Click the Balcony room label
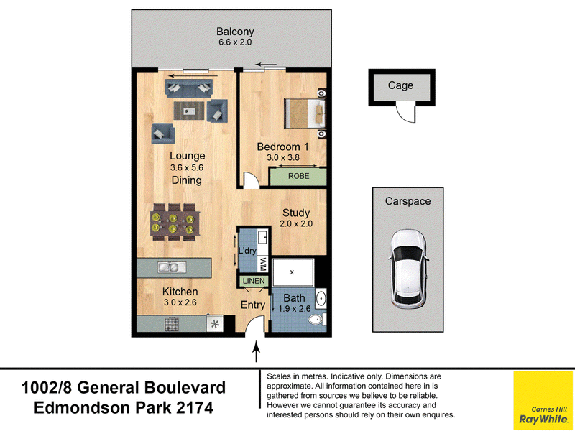pyautogui.click(x=235, y=32)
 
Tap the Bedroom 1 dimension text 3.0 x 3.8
pyautogui.click(x=282, y=158)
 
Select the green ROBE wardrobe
pyautogui.click(x=298, y=176)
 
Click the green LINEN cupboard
pyautogui.click(x=254, y=281)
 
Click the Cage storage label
pyautogui.click(x=400, y=85)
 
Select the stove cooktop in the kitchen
pyautogui.click(x=172, y=325)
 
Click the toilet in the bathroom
pyautogui.click(x=317, y=320)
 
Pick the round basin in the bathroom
pyautogui.click(x=321, y=298)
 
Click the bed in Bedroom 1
pyautogui.click(x=305, y=113)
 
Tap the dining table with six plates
pyautogui.click(x=175, y=223)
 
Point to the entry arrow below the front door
pyautogui.click(x=257, y=351)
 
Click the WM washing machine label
pyautogui.click(x=263, y=264)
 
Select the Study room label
pyautogui.click(x=296, y=213)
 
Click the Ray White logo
pyautogui.click(x=543, y=400)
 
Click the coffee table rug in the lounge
pyautogui.click(x=189, y=111)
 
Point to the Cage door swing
pyautogui.click(x=405, y=114)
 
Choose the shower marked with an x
pyautogui.click(x=293, y=272)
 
